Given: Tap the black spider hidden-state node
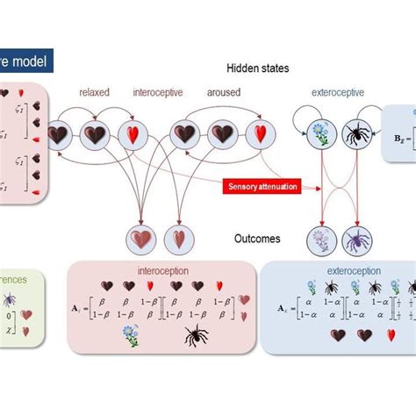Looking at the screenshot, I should coord(355,135).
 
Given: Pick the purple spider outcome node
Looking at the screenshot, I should coord(356,239).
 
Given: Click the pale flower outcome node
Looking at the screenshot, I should coord(320,239).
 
